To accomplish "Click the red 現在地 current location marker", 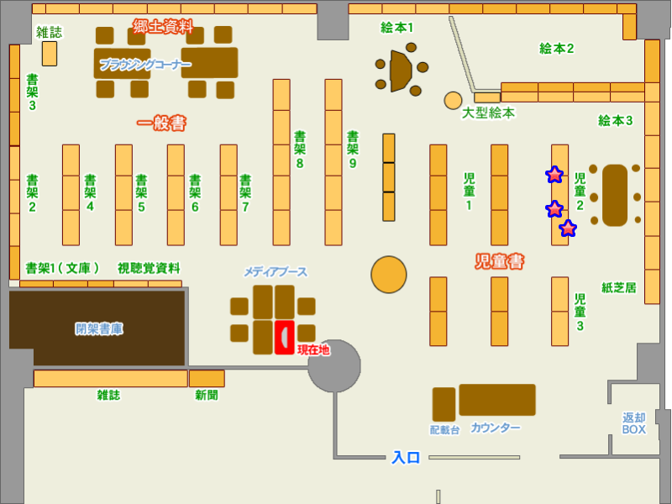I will (x=285, y=337).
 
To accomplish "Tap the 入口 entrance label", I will (x=406, y=458).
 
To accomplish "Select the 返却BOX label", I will (x=634, y=423).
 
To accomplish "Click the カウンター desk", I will (x=496, y=400).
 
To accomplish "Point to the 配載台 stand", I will (x=444, y=404).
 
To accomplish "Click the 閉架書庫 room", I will (x=97, y=328).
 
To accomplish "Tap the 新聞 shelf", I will (x=207, y=378).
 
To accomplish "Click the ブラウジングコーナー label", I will (x=144, y=65).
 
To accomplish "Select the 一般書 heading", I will (x=161, y=123).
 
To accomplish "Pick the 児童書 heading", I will (x=499, y=262).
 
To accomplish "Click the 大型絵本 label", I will (x=488, y=113).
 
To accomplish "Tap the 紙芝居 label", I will (x=619, y=287).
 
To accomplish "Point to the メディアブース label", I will (x=276, y=272).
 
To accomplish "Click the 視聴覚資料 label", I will (x=149, y=268).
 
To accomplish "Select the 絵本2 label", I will (x=556, y=49).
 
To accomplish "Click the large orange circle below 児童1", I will (x=389, y=275).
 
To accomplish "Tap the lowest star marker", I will (x=569, y=228).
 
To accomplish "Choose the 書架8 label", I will (x=299, y=150).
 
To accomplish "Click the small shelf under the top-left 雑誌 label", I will (x=50, y=54).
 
